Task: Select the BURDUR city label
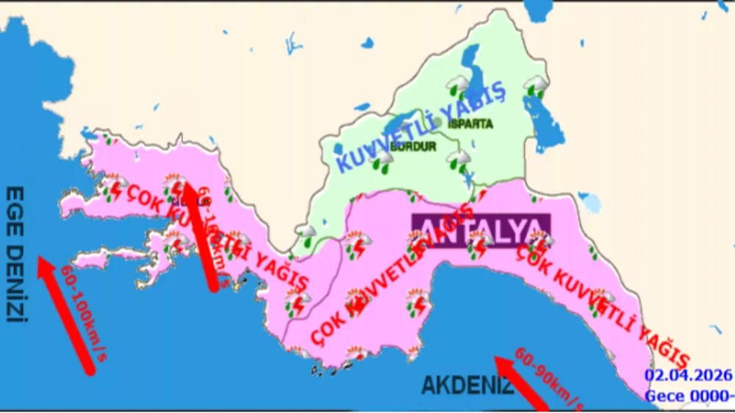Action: click(x=413, y=147)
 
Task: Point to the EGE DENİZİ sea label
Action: click(x=16, y=254)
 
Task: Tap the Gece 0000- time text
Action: click(x=689, y=396)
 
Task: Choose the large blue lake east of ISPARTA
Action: click(x=547, y=122)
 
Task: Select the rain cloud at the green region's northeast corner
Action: click(x=534, y=86)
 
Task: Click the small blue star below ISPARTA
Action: click(x=468, y=179)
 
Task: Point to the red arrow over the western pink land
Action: click(x=199, y=235)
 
